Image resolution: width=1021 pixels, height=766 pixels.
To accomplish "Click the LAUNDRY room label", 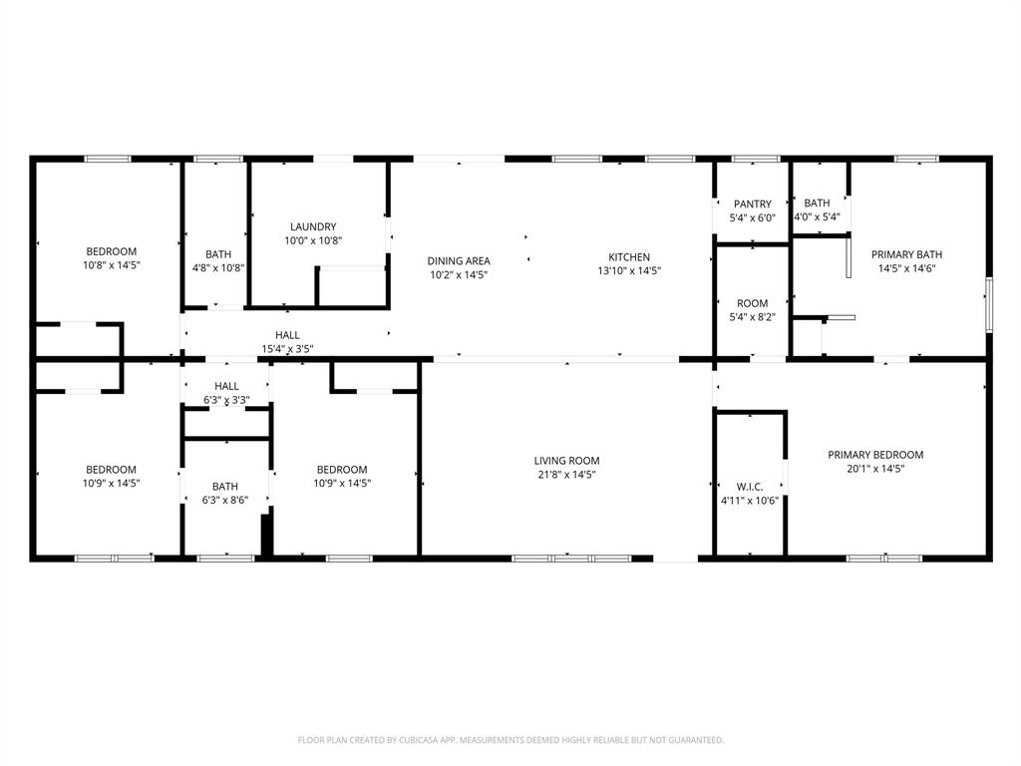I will point(313,226).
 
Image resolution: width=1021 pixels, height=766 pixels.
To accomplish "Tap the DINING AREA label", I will point(459,261).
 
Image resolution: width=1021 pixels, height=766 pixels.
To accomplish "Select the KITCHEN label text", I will point(629,257).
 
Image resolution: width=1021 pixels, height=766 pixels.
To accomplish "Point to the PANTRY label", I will point(753,204).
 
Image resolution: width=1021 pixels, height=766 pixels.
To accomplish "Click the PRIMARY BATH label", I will point(906,254).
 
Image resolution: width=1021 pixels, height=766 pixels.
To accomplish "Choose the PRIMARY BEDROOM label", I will point(875,455).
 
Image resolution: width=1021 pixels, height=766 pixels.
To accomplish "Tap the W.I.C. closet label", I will point(750,487).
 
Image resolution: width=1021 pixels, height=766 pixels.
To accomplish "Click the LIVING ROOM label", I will point(566,461).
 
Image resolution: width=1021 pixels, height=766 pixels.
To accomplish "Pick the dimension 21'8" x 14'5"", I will point(566,475).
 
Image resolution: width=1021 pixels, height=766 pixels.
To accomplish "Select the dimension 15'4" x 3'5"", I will point(288,349).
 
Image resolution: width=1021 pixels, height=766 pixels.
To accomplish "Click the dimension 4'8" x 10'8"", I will point(218,267).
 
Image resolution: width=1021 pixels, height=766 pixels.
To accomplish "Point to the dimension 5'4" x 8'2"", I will point(753,317).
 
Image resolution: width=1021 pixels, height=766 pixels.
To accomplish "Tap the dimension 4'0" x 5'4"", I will point(817,216).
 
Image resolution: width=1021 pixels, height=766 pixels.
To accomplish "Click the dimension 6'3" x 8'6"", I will point(224,501).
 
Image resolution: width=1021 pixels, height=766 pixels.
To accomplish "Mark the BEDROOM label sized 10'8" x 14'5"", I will point(111,251).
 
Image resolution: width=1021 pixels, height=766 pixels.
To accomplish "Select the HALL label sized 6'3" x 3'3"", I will point(226,386).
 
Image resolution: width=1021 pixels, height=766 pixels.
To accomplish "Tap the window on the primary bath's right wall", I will point(988,304).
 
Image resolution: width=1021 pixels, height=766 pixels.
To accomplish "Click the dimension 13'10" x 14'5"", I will point(629,271).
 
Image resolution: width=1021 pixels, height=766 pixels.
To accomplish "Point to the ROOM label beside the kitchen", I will point(753,303).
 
